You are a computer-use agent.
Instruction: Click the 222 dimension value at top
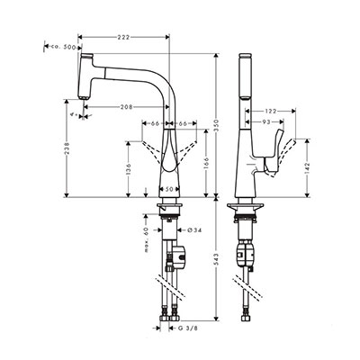pos(123,37)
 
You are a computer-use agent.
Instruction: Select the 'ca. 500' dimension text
pos(63,47)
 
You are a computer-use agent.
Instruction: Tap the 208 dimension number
pos(126,106)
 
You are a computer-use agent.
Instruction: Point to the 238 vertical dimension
pos(67,148)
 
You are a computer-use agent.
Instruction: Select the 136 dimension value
pos(129,169)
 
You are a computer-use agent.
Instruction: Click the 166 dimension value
pos(206,163)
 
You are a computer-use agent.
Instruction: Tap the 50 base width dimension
pos(169,189)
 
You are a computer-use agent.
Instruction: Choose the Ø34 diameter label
pos(193,230)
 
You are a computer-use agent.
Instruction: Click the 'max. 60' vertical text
pos(147,239)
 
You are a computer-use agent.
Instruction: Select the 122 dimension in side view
pos(271,111)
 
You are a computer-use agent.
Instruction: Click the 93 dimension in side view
pos(266,121)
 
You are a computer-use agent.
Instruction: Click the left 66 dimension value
pos(155,123)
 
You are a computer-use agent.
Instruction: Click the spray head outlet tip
pos(84,98)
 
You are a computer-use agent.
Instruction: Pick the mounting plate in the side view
pos(245,206)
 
